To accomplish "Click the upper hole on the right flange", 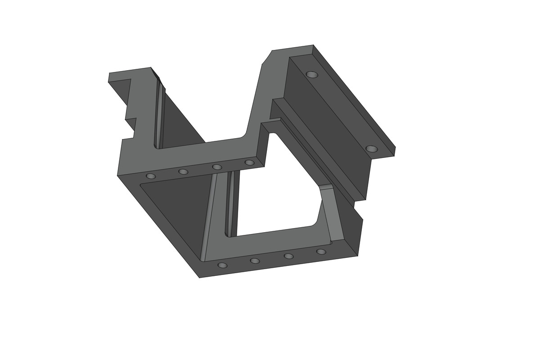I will tap(311, 74).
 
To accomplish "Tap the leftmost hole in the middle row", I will tap(151, 176).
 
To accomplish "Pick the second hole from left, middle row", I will tap(183, 171).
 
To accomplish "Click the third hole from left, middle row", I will tap(217, 167).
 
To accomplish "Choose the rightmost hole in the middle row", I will tap(249, 162).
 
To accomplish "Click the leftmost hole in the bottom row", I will tap(222, 265).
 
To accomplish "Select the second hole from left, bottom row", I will tap(255, 261).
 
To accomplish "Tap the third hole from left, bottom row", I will tap(289, 256).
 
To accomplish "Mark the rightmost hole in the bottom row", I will tap(321, 252).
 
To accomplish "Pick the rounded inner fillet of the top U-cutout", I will tap(245, 133).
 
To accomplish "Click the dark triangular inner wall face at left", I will tap(176, 207).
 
